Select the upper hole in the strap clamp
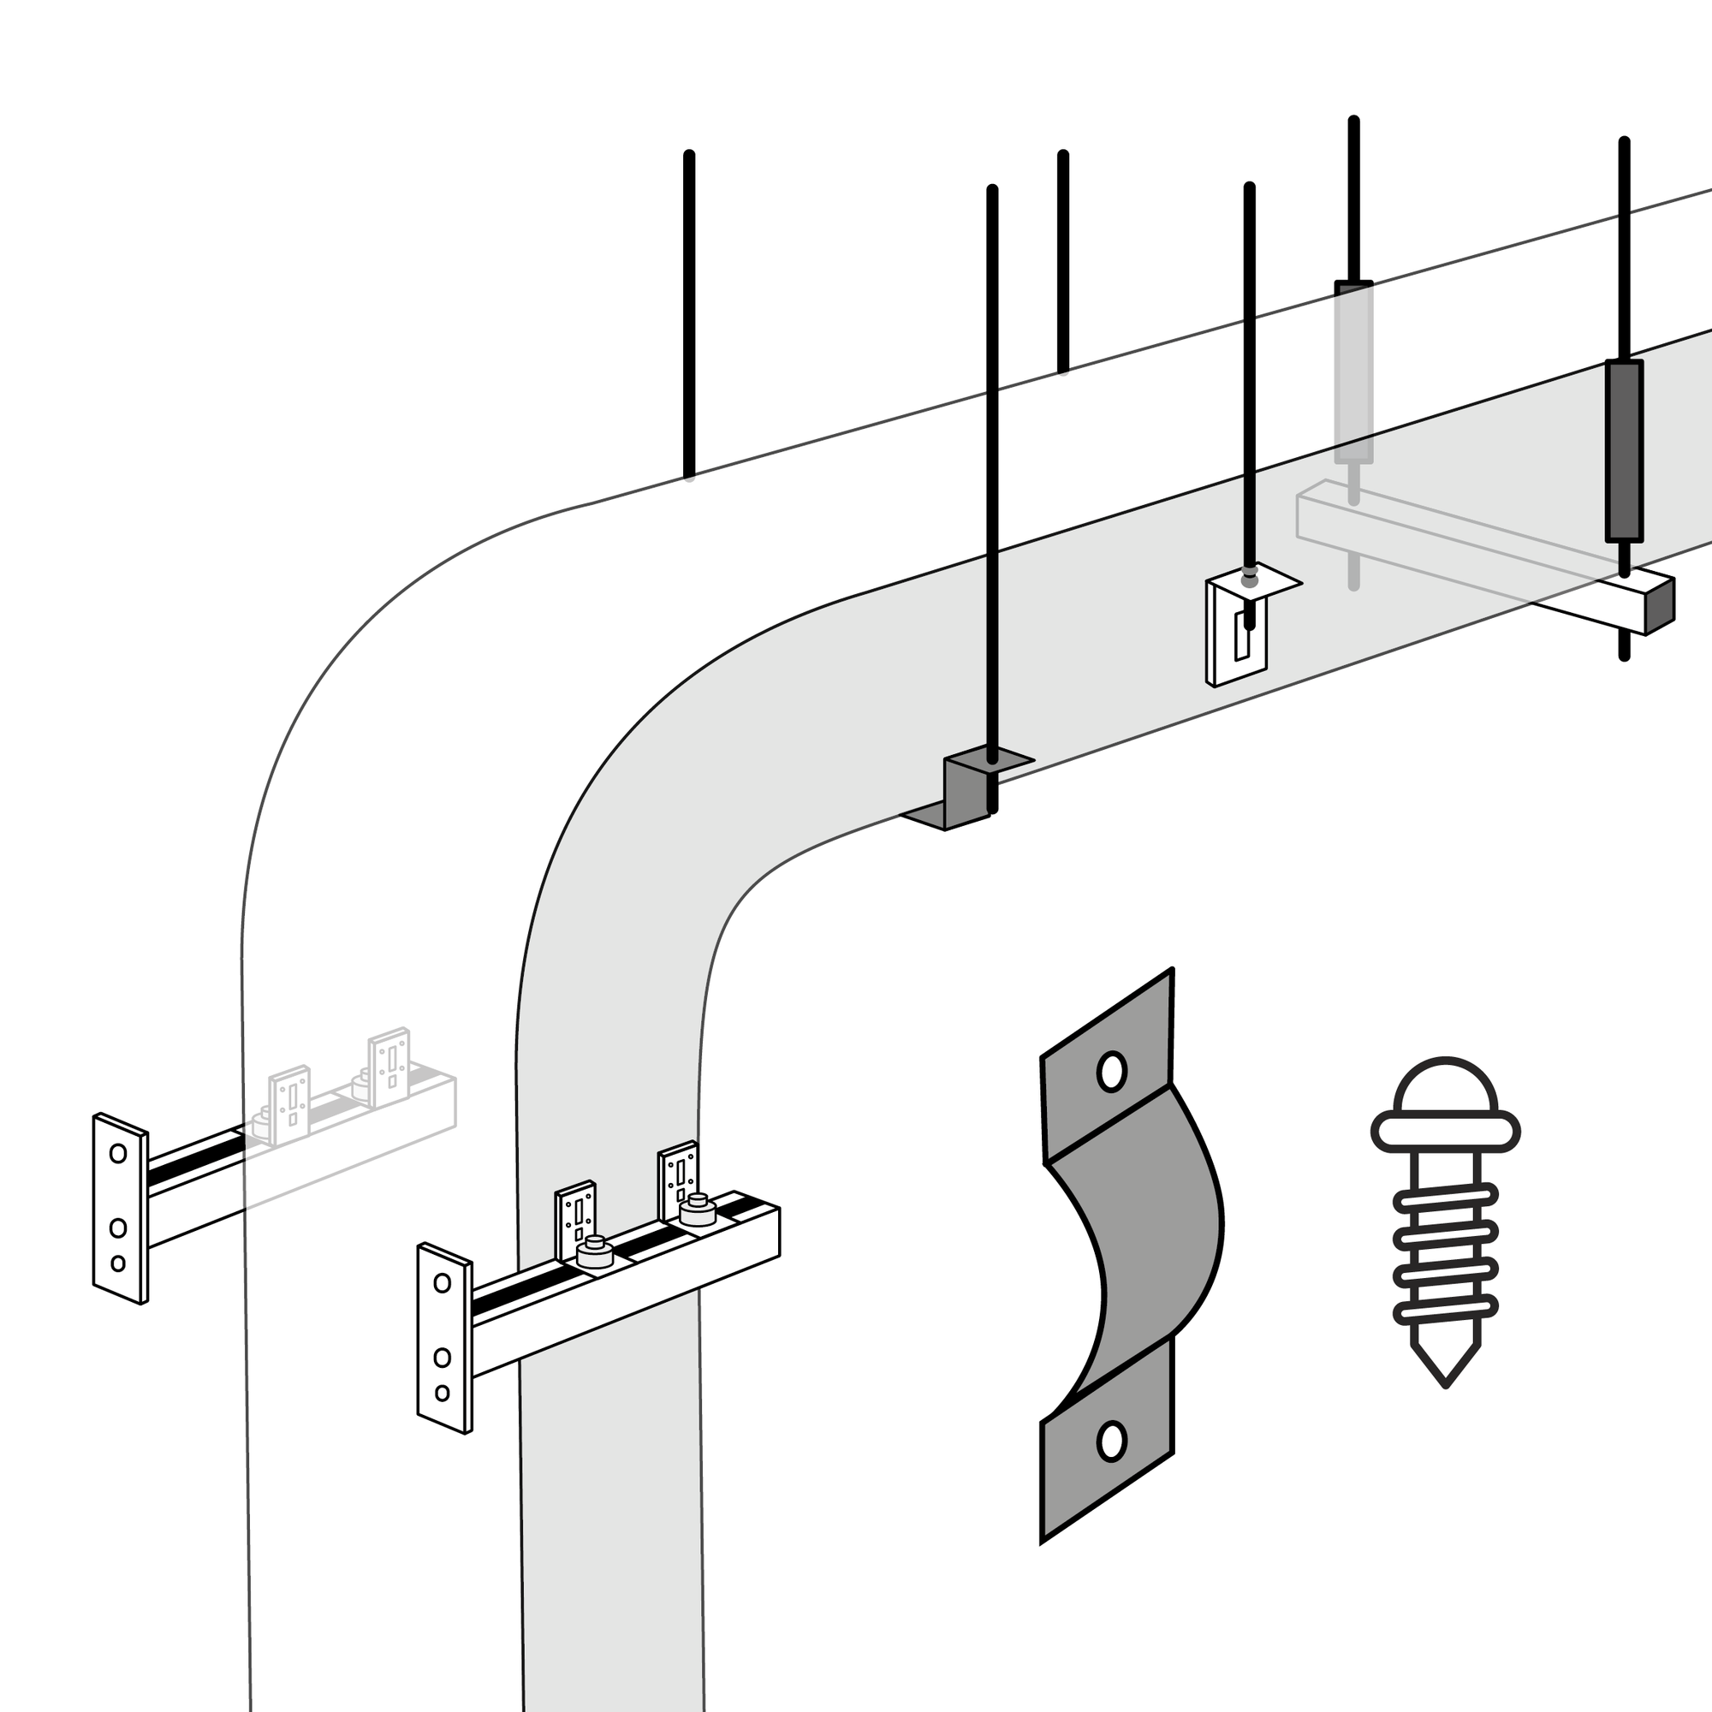click(1111, 1073)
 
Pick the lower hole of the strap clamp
click(1111, 1441)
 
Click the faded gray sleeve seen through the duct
click(1353, 372)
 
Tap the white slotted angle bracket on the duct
click(1238, 631)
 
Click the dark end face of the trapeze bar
click(1659, 606)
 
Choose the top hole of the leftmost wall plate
click(118, 1153)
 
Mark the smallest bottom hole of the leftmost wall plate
click(118, 1263)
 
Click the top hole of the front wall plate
click(442, 1283)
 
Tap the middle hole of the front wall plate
click(443, 1357)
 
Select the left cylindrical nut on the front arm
click(595, 1253)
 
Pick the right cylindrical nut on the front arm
click(698, 1210)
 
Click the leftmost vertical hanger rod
click(688, 314)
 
